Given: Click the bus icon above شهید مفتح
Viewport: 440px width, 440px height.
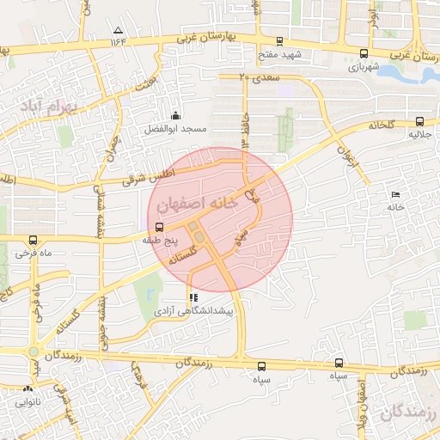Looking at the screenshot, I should (x=279, y=41).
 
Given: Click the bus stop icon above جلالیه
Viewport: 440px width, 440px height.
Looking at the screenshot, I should (x=419, y=122).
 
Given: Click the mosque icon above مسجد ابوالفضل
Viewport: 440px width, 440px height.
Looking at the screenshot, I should (x=176, y=116).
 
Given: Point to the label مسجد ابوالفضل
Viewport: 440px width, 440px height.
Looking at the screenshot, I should (x=175, y=129).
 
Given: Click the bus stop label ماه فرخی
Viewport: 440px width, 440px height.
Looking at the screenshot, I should (x=34, y=254).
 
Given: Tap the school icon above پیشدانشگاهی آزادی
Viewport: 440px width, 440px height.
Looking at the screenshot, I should (x=192, y=297).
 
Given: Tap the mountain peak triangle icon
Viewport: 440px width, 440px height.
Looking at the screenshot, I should (x=118, y=31).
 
